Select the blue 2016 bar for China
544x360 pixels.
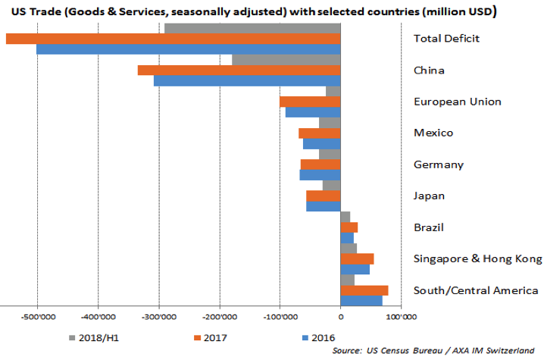pos(247,80)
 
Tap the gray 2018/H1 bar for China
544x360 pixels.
pos(286,60)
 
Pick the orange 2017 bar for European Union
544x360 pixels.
pos(310,102)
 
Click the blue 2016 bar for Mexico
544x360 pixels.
pos(322,143)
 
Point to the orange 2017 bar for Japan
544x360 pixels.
pos(324,196)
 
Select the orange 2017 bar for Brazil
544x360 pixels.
pos(349,227)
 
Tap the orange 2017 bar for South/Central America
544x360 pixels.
pos(364,290)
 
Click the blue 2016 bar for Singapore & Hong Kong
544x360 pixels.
pos(355,269)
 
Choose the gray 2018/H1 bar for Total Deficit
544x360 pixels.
pos(252,29)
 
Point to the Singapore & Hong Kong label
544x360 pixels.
pos(477,259)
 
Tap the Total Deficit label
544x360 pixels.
pos(447,39)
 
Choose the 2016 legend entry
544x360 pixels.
pos(318,337)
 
